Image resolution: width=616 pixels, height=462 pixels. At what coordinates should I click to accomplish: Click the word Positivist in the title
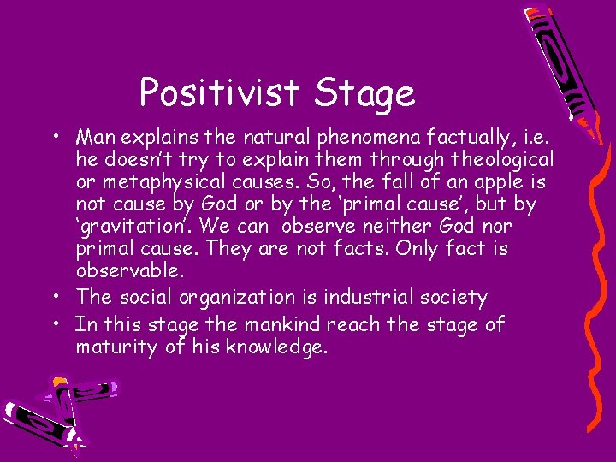click(x=219, y=92)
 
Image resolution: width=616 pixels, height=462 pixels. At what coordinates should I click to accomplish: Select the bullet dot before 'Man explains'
click(x=54, y=138)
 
